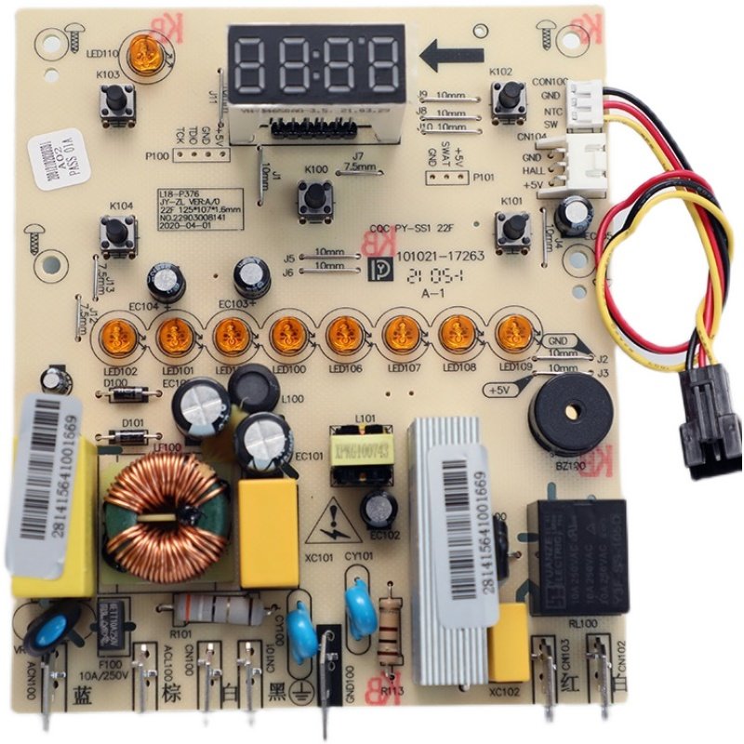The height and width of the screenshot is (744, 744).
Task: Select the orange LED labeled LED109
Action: [512, 332]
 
